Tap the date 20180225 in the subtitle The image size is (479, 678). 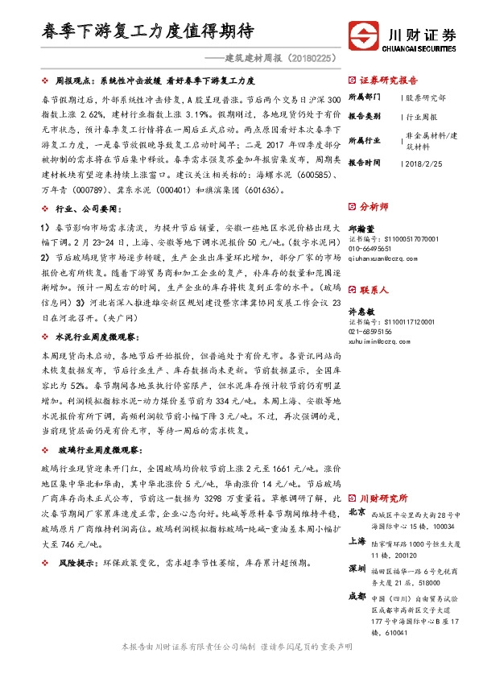coord(307,58)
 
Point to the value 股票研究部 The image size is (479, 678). coord(426,97)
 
